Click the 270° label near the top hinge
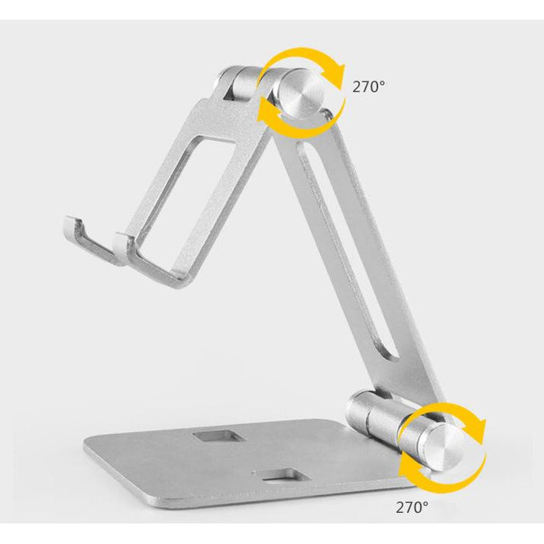tap(368, 86)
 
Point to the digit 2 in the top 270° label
tap(357, 86)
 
